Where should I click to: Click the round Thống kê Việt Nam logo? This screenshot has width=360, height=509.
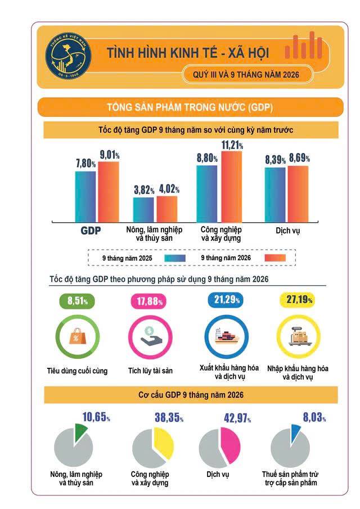coord(68,56)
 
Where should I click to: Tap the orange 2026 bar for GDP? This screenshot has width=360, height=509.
coord(109,192)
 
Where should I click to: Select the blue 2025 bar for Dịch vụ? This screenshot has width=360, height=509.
coord(275,195)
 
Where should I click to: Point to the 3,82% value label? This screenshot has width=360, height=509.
coord(144,190)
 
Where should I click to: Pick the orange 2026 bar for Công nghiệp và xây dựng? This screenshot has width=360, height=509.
coord(231,187)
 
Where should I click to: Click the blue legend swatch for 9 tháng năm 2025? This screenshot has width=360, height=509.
coord(175,258)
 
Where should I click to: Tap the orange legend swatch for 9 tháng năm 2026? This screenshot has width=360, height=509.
coord(275,258)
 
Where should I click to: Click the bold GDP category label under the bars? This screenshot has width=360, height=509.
coord(91,231)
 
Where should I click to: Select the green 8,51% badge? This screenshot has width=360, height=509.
coord(77,300)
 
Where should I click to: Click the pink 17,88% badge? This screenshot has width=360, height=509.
coord(149,301)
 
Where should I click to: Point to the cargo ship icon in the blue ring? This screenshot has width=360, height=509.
coord(227,336)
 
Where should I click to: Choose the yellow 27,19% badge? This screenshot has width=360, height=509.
coord(298,300)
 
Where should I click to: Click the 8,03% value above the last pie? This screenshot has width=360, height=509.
coord(314,417)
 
